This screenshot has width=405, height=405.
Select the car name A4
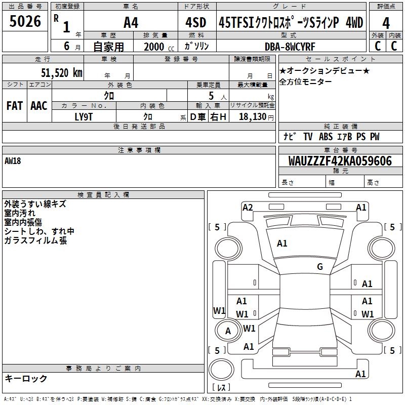pyautogui.click(x=131, y=22)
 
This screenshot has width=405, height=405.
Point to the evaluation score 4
pyautogui.click(x=386, y=22)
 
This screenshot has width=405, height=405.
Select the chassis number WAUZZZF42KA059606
pyautogui.click(x=340, y=161)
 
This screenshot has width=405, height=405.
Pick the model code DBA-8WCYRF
pyautogui.click(x=290, y=47)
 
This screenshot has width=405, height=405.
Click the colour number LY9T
pyautogui.click(x=84, y=116)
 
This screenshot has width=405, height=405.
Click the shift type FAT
pyautogui.click(x=15, y=106)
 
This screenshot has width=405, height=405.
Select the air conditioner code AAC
pyautogui.click(x=39, y=106)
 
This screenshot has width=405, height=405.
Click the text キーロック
pyautogui.click(x=26, y=378)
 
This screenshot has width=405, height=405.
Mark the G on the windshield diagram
pyautogui.click(x=320, y=267)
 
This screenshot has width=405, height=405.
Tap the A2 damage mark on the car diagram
pyautogui.click(x=248, y=207)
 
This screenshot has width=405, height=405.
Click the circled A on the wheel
pyautogui.click(x=228, y=331)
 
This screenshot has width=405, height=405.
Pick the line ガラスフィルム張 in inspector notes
pyautogui.click(x=35, y=240)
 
